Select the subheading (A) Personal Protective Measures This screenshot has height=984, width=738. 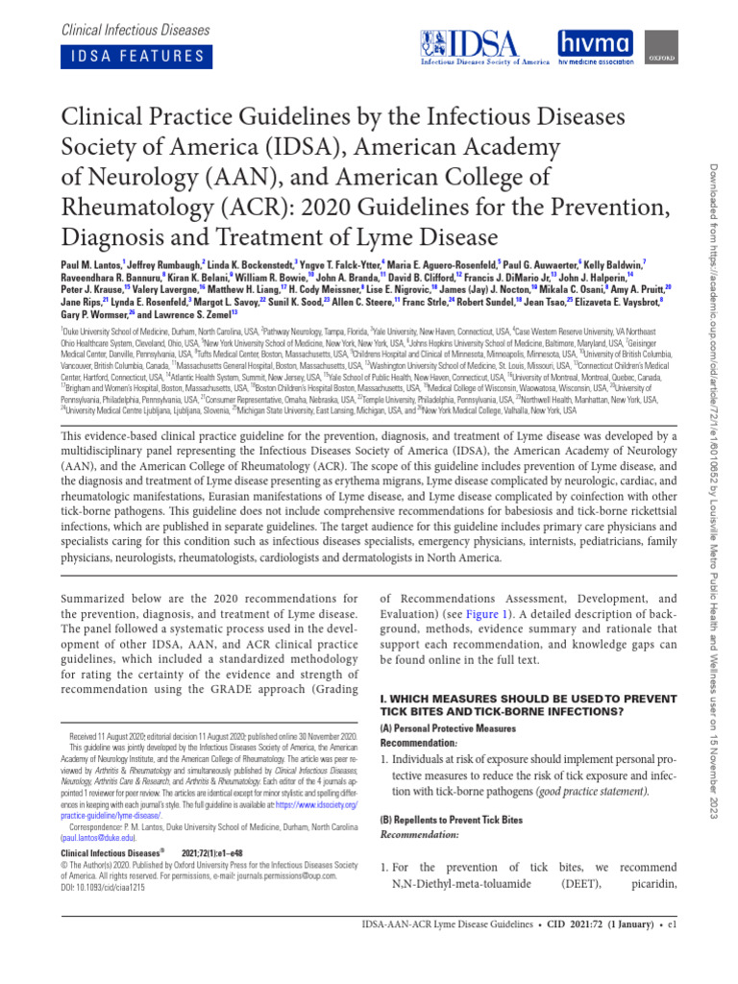pyautogui.click(x=443, y=729)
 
